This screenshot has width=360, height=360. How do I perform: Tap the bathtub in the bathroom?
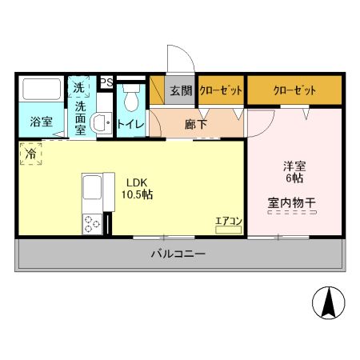[41, 91]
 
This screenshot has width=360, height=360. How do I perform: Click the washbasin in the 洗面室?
[101, 123]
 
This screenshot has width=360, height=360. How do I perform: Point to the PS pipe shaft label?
[106, 82]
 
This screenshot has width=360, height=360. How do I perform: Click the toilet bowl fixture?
[131, 98]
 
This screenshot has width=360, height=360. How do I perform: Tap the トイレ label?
[130, 124]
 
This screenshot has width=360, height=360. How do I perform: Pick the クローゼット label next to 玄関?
[221, 90]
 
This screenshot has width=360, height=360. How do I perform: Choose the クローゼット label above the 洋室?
[294, 90]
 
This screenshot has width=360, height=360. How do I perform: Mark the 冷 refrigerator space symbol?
[29, 153]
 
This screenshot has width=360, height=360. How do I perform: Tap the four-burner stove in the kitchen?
[90, 224]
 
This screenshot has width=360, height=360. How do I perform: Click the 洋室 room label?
[294, 167]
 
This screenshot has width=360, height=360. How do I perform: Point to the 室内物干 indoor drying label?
[291, 202]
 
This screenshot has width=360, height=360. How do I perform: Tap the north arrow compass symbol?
[328, 302]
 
